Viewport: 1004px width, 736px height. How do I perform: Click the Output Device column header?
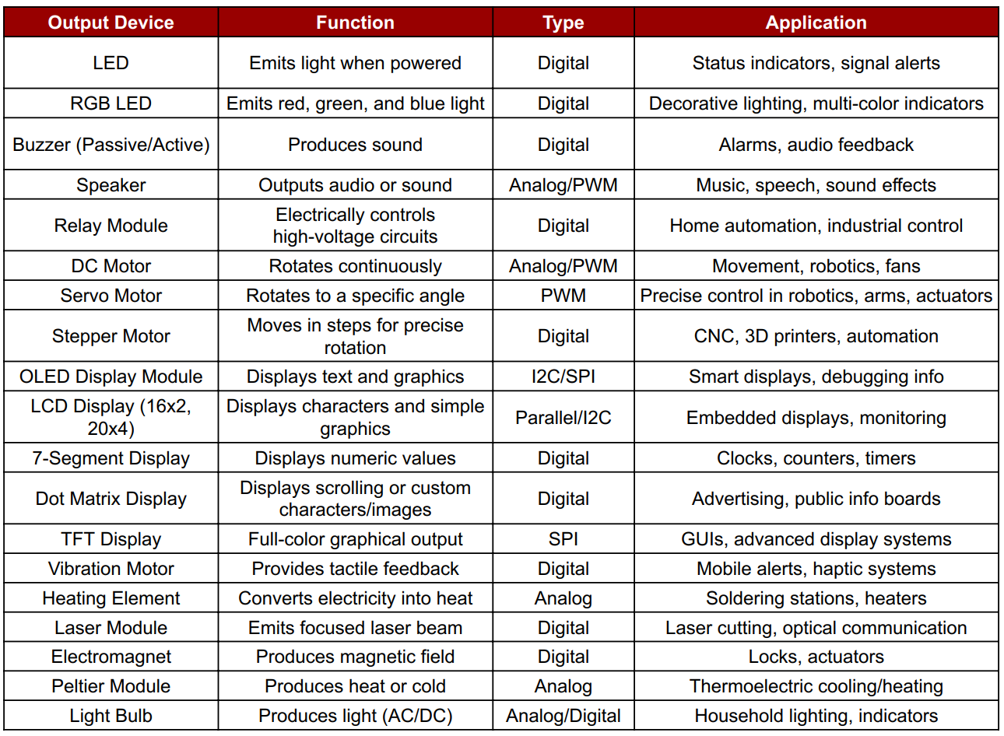tap(111, 23)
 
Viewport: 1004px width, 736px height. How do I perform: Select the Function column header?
tap(355, 23)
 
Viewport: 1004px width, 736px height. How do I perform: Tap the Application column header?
tap(816, 23)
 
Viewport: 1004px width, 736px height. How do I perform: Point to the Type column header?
tap(563, 23)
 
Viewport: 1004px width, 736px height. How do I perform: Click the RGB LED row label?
tap(111, 103)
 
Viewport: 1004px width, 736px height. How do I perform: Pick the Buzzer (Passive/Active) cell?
tap(111, 145)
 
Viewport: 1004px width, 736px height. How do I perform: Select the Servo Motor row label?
tap(111, 296)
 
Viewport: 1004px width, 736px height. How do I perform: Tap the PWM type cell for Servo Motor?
tap(563, 296)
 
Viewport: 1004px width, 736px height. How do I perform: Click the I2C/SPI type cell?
tap(563, 377)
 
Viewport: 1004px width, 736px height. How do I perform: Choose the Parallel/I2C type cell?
tap(563, 418)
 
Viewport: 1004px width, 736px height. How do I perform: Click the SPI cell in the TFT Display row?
tap(563, 539)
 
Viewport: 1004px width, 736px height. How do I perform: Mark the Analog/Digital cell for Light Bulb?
tap(563, 716)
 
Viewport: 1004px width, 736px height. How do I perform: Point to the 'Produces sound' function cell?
tap(355, 145)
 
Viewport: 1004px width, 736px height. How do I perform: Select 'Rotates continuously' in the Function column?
tap(355, 266)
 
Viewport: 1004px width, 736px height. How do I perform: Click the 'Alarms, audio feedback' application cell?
tap(816, 145)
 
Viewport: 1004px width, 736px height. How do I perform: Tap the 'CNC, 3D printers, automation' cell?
tap(816, 336)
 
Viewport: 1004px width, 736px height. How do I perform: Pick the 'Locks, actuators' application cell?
tap(816, 657)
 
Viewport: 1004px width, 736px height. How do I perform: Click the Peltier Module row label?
tap(111, 686)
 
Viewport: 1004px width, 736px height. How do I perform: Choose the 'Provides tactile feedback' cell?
tap(355, 569)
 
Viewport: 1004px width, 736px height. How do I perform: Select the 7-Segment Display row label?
tap(111, 458)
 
